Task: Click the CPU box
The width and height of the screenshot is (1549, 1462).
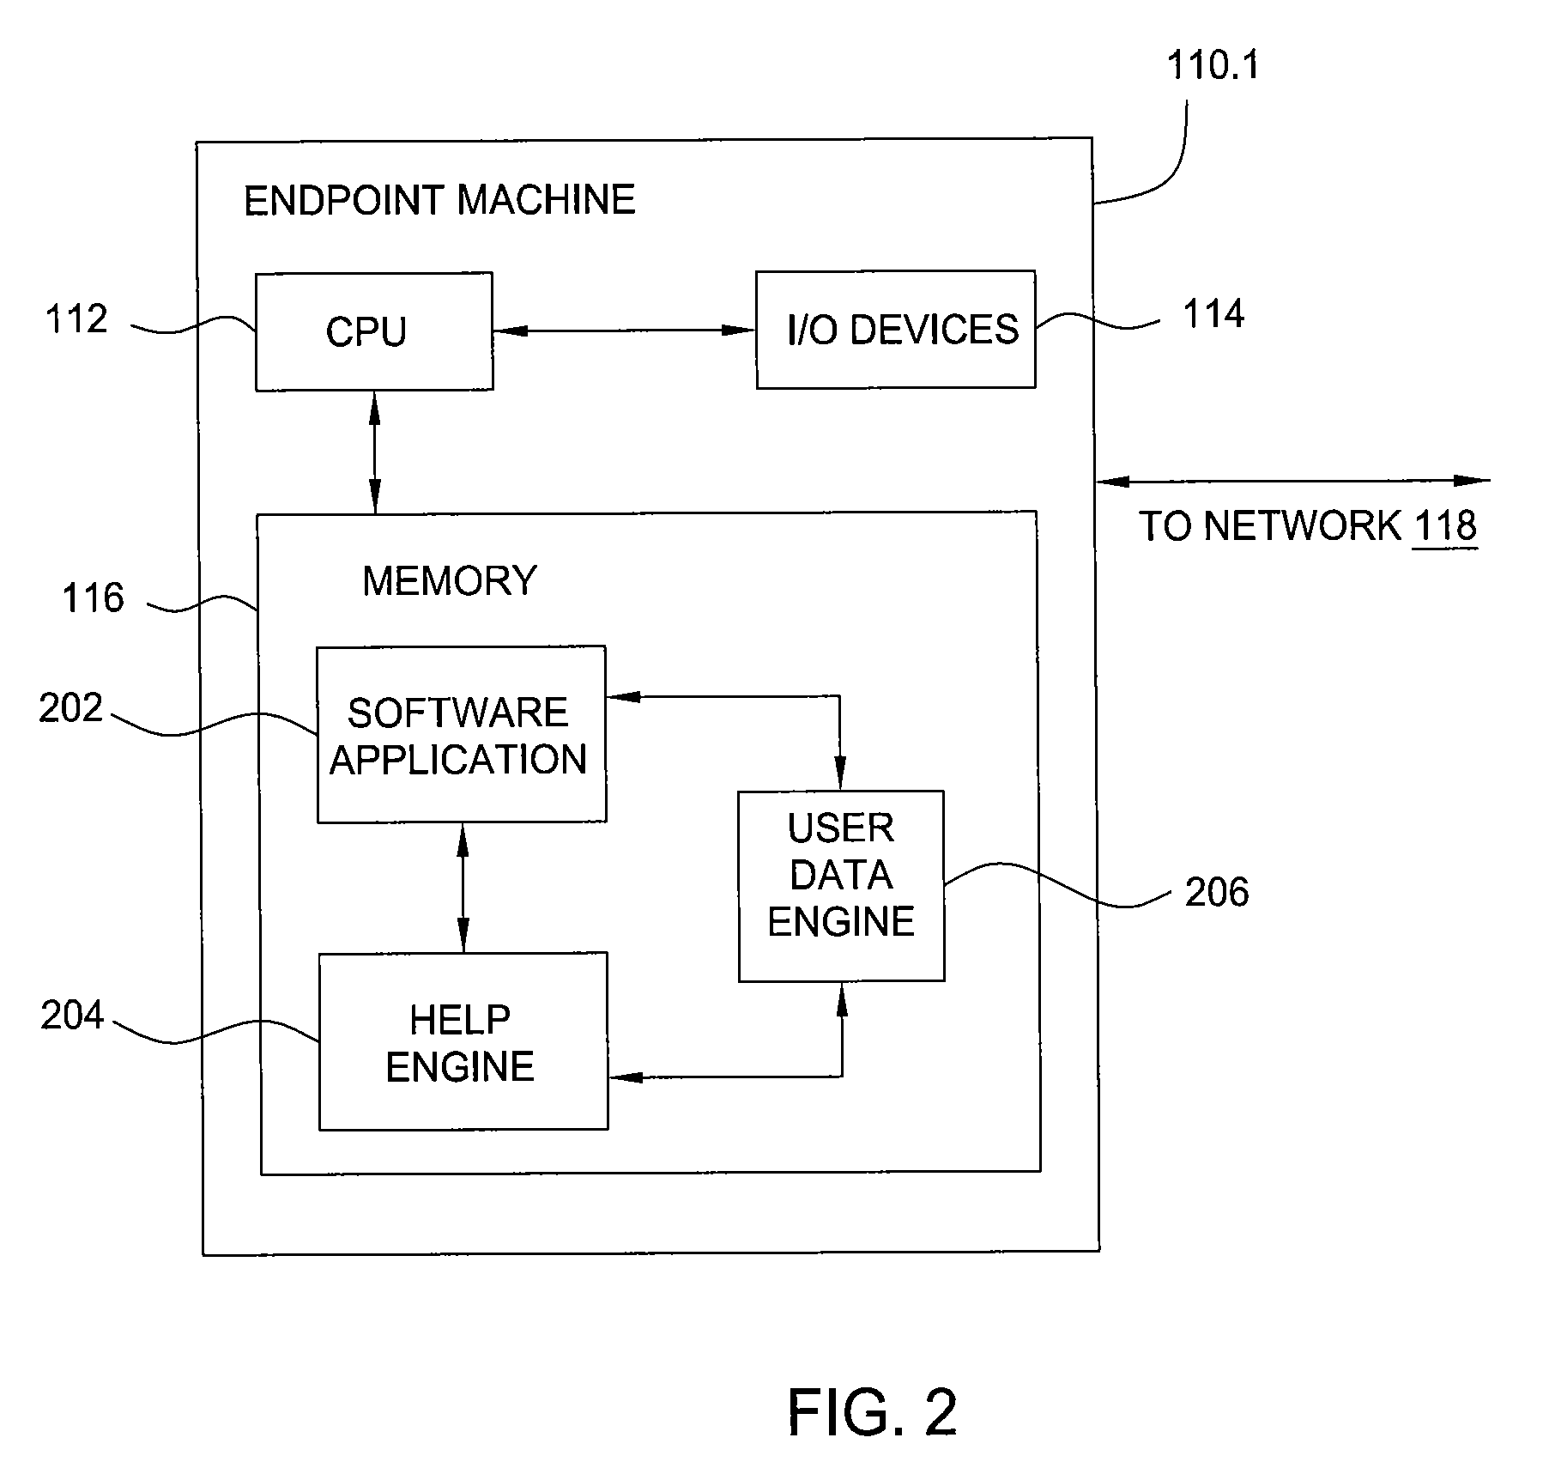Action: pos(374,331)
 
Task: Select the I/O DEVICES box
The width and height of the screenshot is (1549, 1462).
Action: pos(895,330)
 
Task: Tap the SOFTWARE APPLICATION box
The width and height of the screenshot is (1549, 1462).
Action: pos(462,735)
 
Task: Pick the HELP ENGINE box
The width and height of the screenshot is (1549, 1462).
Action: pos(463,1041)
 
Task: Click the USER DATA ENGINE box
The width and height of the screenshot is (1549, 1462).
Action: pos(841,886)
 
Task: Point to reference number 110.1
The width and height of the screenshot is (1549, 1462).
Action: pos(1213,65)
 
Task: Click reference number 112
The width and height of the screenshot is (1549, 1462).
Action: pos(76,319)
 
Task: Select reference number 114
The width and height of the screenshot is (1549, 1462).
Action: pos(1213,314)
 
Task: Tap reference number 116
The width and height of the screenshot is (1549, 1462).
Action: pos(93,598)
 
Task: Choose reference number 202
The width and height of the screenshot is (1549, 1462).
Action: pos(71,708)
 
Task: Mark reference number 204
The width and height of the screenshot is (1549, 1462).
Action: pos(72,1016)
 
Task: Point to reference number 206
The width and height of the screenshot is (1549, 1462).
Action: pos(1217,893)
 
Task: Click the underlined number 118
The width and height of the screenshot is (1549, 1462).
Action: pos(1446,525)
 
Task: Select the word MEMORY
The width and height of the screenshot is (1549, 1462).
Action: pos(450,581)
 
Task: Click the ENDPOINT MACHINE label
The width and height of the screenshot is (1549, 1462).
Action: pos(439,200)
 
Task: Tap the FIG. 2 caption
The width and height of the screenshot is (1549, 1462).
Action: pos(872,1413)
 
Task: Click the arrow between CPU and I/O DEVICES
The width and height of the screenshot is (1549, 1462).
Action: pos(624,330)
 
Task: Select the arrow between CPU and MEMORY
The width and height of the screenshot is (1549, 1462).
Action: pos(374,452)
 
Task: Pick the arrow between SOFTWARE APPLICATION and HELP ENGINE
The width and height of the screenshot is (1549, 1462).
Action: pos(463,888)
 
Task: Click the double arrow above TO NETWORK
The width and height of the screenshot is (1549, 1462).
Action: pos(1294,482)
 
